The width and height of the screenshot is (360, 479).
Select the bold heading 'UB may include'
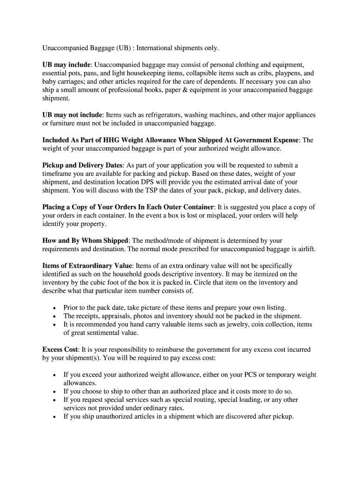point(67,65)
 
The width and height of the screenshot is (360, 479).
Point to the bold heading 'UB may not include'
point(72,115)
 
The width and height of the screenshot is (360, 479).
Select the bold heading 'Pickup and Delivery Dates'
point(83,165)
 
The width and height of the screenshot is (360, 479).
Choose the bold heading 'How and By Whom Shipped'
point(85,240)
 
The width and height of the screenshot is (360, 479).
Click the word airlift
point(303,249)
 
